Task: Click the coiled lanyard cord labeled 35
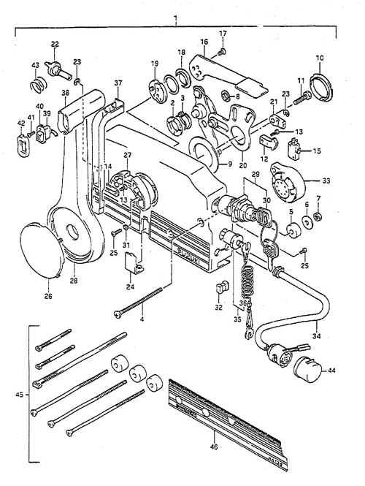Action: pyautogui.click(x=248, y=281)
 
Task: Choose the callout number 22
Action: pyautogui.click(x=54, y=45)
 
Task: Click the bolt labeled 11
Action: pyautogui.click(x=300, y=95)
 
